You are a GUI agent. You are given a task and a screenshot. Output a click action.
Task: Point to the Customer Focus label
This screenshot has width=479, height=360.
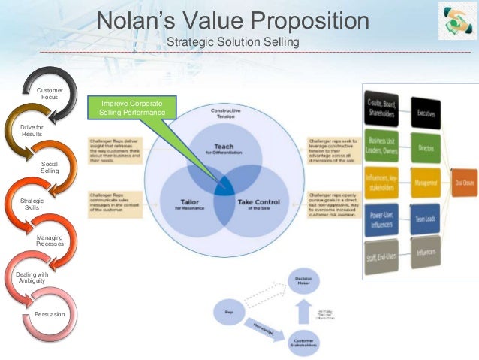(x=50, y=93)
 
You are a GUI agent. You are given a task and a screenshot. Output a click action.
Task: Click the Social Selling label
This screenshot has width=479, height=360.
(x=50, y=167)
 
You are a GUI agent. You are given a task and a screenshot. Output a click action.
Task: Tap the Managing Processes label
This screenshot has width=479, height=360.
(x=50, y=241)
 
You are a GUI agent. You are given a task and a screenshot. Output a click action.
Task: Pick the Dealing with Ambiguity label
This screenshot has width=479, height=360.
(x=32, y=277)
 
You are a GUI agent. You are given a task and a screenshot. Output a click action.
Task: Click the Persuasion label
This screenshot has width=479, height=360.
(x=50, y=313)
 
